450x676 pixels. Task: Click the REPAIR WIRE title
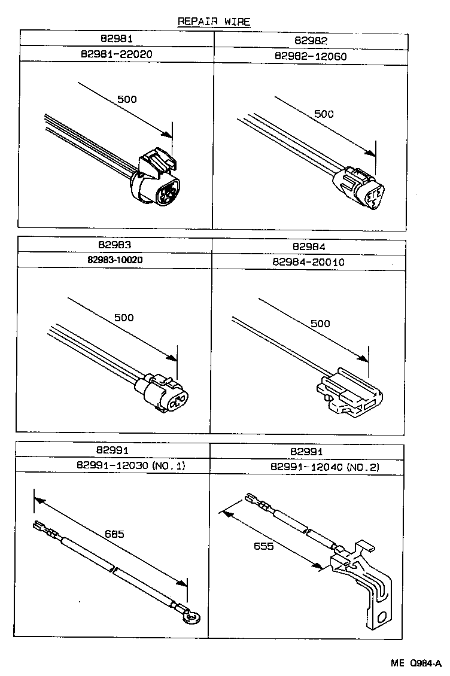[x=214, y=22]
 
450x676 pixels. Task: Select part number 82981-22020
[x=117, y=54]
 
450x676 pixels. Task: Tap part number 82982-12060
[x=311, y=57]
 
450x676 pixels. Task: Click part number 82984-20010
[x=309, y=261]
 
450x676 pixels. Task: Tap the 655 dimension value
[x=263, y=546]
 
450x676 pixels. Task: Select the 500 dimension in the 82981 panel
[x=126, y=99]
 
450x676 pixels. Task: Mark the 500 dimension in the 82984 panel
[x=320, y=324]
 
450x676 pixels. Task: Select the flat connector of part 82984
[x=350, y=394]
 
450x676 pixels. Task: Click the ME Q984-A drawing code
[x=416, y=663]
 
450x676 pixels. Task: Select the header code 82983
[x=116, y=245]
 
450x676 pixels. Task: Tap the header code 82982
[x=311, y=41]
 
